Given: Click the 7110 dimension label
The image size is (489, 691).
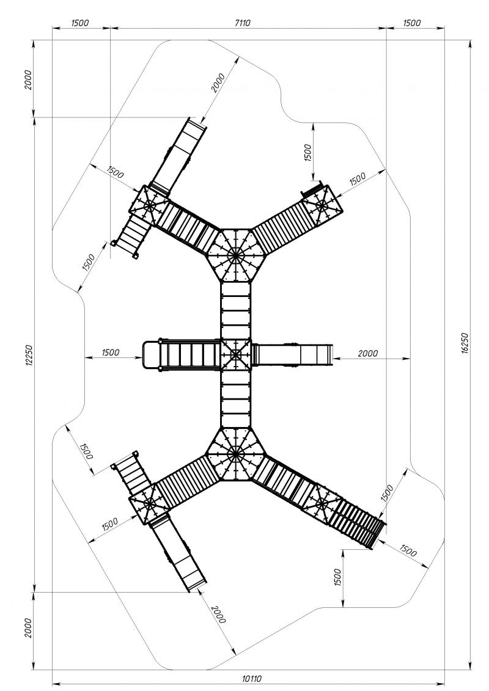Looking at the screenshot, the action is pyautogui.click(x=242, y=23).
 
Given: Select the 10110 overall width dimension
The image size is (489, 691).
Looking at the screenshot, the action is pyautogui.click(x=252, y=679).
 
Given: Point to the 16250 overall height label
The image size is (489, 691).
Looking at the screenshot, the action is pyautogui.click(x=463, y=344).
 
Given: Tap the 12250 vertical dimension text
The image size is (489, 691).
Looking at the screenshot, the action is pyautogui.click(x=29, y=355).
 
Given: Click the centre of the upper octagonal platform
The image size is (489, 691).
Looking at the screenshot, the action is pyautogui.click(x=235, y=255).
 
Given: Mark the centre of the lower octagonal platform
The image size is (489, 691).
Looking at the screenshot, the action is pyautogui.click(x=235, y=453).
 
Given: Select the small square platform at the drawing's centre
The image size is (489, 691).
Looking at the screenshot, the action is pyautogui.click(x=235, y=354).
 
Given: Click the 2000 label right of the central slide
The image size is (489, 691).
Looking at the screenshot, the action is pyautogui.click(x=368, y=353).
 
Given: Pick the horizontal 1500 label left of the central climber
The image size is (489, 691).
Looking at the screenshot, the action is pyautogui.click(x=110, y=352).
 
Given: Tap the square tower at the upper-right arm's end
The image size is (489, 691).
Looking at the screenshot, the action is pyautogui.click(x=322, y=205).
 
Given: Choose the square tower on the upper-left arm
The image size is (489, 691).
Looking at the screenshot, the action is pyautogui.click(x=149, y=205).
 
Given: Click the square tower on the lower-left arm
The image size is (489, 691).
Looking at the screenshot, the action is pyautogui.click(x=149, y=503).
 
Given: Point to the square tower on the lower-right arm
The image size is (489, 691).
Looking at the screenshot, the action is pyautogui.click(x=322, y=503).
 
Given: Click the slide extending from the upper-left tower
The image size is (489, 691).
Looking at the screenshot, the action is pyautogui.click(x=178, y=156).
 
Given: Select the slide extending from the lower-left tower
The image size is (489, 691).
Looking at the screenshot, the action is pyautogui.click(x=178, y=552).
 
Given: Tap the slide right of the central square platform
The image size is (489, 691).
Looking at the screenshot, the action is pyautogui.click(x=293, y=354).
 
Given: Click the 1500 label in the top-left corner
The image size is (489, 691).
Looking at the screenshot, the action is pyautogui.click(x=80, y=23).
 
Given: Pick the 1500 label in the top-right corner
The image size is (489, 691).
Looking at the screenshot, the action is pyautogui.click(x=412, y=23).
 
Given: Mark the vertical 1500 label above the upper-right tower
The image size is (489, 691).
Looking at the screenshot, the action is pyautogui.click(x=308, y=153).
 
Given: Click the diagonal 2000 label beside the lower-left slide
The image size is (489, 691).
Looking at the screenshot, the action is pyautogui.click(x=218, y=614).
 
